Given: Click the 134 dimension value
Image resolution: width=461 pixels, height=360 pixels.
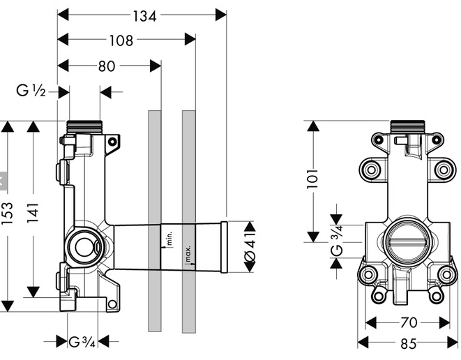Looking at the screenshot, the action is tap(144, 16).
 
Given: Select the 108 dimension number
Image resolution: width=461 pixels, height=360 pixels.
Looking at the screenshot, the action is tap(121, 40).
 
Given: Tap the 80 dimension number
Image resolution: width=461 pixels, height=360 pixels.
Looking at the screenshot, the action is tap(107, 66).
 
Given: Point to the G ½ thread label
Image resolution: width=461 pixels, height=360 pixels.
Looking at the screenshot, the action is tap(31, 91).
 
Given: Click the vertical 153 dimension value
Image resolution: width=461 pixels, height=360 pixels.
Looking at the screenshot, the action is tap(8, 213).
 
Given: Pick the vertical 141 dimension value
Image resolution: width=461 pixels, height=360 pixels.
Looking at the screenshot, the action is tap(33, 213).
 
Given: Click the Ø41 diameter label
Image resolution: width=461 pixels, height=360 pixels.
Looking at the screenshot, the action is tap(250, 247).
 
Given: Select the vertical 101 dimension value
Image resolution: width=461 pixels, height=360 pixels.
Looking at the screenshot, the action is tap(312, 179).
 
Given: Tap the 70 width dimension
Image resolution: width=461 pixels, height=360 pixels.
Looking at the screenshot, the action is tap(409, 322).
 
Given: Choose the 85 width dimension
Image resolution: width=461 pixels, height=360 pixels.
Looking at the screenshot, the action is tap(409, 343).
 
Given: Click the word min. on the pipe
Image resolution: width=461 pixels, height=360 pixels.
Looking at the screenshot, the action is tap(169, 238).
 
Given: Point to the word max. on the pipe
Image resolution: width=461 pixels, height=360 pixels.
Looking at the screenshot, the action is tap(188, 254).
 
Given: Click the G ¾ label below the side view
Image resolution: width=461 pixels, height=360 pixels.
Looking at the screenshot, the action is tap(82, 342).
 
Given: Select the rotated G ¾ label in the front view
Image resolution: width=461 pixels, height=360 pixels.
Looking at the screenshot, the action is tap(337, 241).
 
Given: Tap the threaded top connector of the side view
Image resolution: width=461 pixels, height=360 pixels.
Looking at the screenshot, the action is tap(84, 128).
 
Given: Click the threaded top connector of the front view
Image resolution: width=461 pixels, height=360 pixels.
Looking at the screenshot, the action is tap(407, 127).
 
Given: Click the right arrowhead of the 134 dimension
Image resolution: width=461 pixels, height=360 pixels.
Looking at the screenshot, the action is tap(221, 15).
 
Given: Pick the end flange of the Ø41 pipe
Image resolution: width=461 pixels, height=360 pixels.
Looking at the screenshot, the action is tap(224, 247).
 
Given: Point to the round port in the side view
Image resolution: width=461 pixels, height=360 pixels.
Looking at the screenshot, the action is tap(84, 247).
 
